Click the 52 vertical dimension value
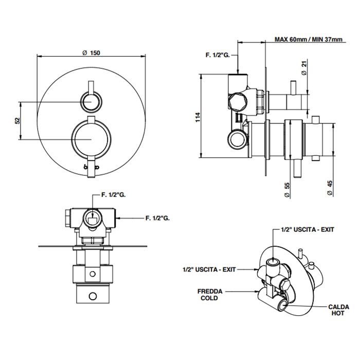(16, 120)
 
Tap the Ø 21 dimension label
(304, 68)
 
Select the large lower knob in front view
(92, 138)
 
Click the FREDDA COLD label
(209, 295)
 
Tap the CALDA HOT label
(338, 310)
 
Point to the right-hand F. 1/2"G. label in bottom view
(157, 219)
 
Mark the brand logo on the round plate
(92, 167)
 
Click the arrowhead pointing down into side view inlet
(238, 70)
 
